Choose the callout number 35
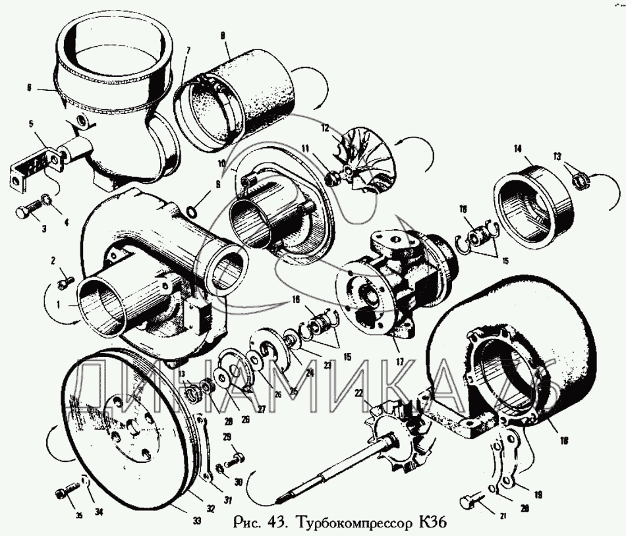(x=78, y=516)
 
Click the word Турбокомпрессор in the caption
(x=355, y=524)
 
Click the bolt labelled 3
(x=24, y=213)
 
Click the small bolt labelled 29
(x=235, y=455)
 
